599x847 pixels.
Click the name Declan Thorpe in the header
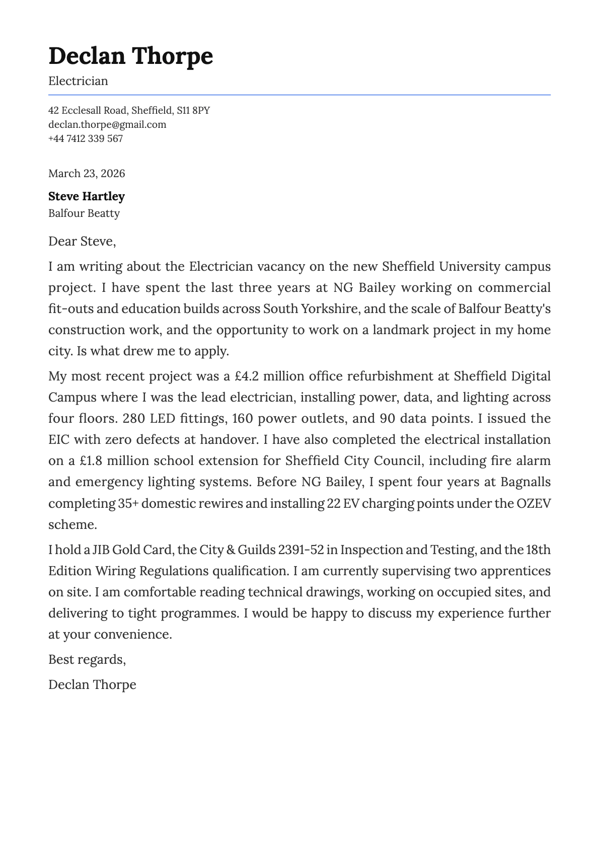[130, 56]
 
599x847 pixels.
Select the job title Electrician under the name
[78, 81]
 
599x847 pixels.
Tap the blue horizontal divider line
[299, 95]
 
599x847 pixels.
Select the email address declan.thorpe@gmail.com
[107, 124]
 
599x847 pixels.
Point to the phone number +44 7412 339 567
[86, 138]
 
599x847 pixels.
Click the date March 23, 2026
[87, 174]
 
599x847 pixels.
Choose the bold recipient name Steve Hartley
[86, 196]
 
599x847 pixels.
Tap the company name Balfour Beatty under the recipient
[84, 213]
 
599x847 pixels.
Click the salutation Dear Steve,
[82, 242]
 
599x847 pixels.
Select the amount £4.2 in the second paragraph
[247, 376]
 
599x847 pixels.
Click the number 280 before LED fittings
[134, 419]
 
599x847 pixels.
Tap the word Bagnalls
[525, 482]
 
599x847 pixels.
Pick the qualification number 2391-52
[301, 550]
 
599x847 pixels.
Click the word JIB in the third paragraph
[101, 550]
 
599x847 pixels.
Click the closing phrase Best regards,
[87, 659]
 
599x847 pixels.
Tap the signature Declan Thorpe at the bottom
[92, 684]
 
